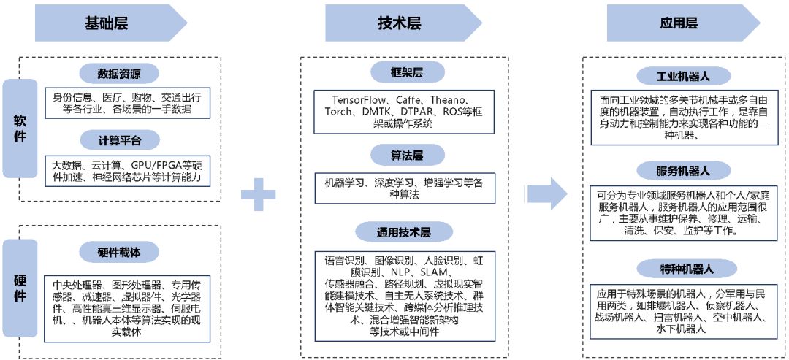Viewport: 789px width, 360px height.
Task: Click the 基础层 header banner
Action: pos(110,23)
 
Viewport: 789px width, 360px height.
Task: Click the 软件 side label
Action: pos(20,127)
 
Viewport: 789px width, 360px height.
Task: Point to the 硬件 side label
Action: pos(20,288)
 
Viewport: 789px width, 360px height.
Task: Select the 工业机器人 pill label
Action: pos(684,75)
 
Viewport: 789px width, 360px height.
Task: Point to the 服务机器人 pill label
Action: pos(684,171)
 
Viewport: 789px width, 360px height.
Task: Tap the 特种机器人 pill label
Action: pos(684,268)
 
